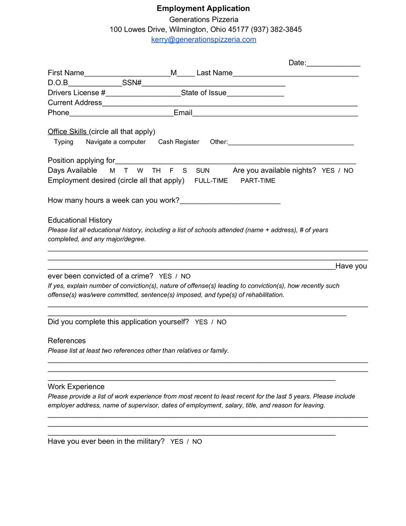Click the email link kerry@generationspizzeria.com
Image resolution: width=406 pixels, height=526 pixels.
[203, 39]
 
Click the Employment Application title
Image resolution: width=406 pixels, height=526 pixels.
[203, 9]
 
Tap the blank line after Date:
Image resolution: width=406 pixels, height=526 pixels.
[333, 63]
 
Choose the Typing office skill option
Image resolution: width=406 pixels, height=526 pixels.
[64, 142]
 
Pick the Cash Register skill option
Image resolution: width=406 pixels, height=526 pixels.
[179, 142]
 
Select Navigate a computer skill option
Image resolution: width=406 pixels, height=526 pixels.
[116, 142]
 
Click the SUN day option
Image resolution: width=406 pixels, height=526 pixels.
[203, 171]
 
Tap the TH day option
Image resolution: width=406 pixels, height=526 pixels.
[156, 171]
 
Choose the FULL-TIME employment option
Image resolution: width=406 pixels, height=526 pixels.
[211, 181]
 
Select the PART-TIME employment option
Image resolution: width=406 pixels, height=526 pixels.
[258, 181]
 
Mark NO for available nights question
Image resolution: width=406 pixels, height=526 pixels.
[348, 171]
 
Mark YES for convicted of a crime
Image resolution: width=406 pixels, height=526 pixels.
[165, 276]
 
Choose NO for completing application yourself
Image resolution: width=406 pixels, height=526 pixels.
[222, 322]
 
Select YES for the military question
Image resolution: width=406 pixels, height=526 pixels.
[177, 442]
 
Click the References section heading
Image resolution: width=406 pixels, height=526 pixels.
[67, 341]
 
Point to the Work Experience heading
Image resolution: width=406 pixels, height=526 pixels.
[76, 387]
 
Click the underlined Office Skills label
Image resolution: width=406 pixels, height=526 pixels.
[67, 132]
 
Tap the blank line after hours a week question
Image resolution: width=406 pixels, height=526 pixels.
[230, 201]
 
